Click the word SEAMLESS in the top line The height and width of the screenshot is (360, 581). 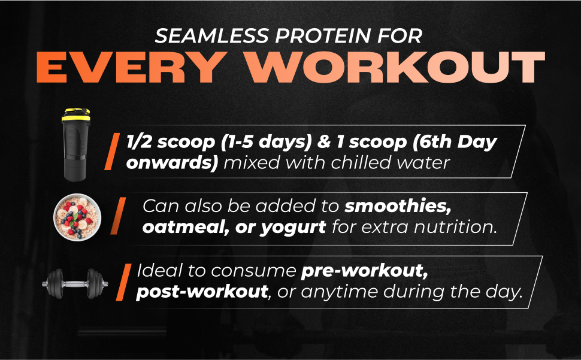pos(211,36)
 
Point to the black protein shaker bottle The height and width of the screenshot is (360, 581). pos(75,144)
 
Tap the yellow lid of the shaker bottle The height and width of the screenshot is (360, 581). pos(75,115)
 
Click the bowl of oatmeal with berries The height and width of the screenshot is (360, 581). pos(77,217)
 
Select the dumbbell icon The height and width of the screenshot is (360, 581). pos(75,284)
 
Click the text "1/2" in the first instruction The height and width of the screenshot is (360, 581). pos(140,142)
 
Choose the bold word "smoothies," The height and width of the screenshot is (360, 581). pos(398,206)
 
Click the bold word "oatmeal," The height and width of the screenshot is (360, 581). pos(186,227)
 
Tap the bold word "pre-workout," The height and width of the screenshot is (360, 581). pos(364,271)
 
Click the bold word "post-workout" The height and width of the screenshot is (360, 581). pos(202,292)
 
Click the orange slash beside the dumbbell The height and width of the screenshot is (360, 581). pos(124,282)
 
